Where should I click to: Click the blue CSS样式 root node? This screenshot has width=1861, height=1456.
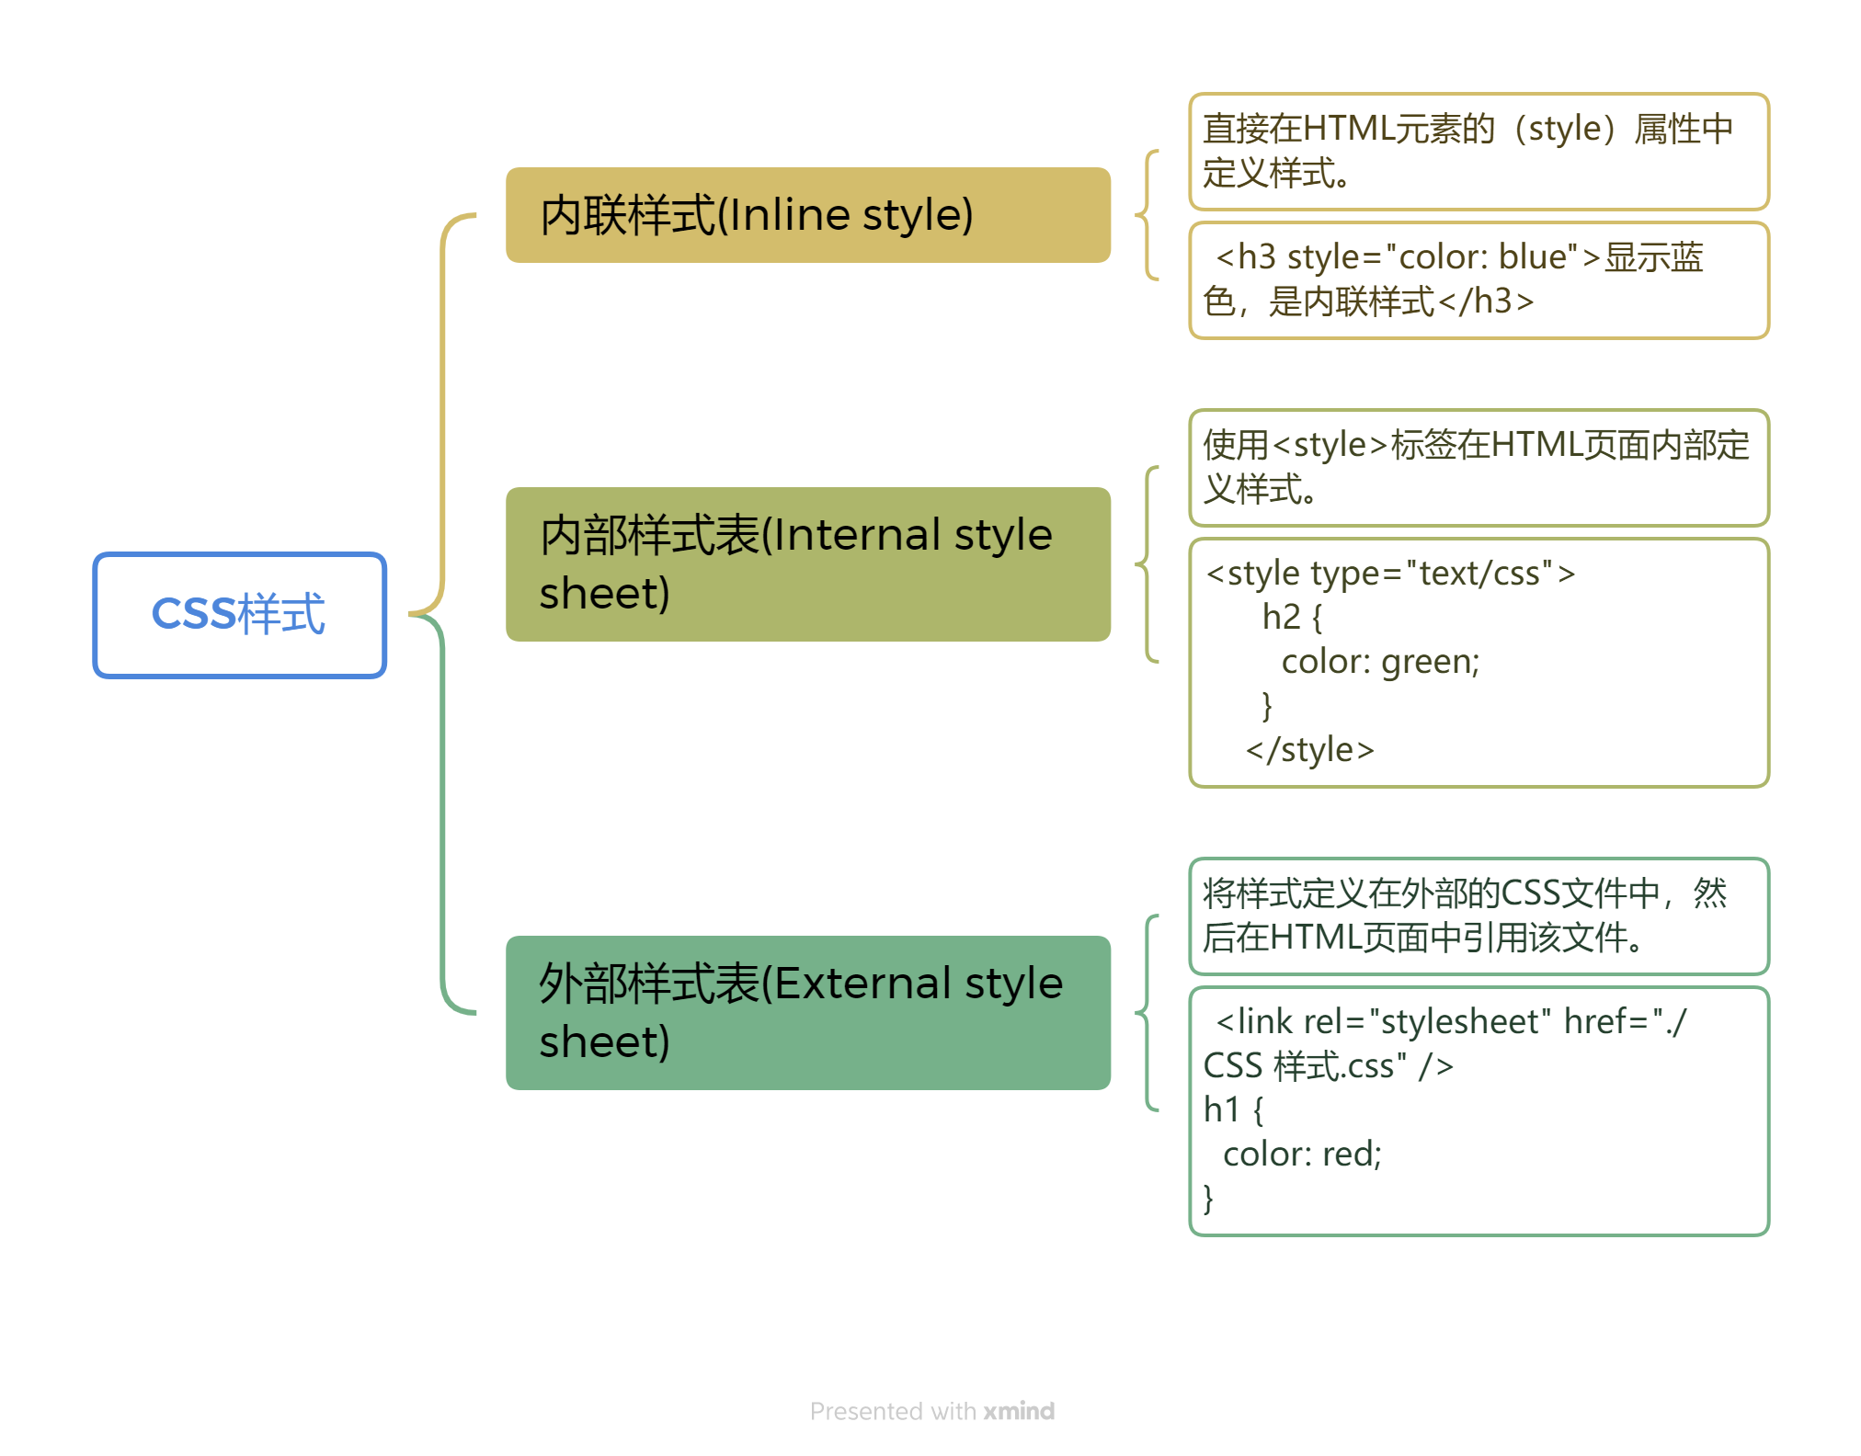pos(239,615)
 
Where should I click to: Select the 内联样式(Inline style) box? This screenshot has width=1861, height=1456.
pos(807,215)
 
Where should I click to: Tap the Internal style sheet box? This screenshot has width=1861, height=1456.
pos(807,563)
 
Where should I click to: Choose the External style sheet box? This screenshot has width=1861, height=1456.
pos(807,1012)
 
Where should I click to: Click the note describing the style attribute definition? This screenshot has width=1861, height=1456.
pos(1478,152)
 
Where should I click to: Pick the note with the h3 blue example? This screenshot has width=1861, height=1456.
pos(1478,280)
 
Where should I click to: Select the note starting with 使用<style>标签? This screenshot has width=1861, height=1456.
pos(1478,468)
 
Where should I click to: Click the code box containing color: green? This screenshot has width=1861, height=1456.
pos(1478,663)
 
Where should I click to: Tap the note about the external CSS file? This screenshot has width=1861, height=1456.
pos(1478,916)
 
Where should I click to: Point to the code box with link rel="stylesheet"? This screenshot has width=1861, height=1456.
pos(1478,1111)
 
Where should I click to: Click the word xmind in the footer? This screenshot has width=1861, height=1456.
pos(1019,1411)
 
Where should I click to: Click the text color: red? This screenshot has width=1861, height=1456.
pos(1302,1155)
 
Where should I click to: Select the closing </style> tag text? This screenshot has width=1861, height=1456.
pos(1309,750)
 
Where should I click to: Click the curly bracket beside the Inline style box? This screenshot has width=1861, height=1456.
pos(1147,215)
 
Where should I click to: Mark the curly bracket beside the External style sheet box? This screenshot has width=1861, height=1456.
pos(1147,1012)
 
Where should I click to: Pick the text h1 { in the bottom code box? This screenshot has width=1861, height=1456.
pos(1233,1110)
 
